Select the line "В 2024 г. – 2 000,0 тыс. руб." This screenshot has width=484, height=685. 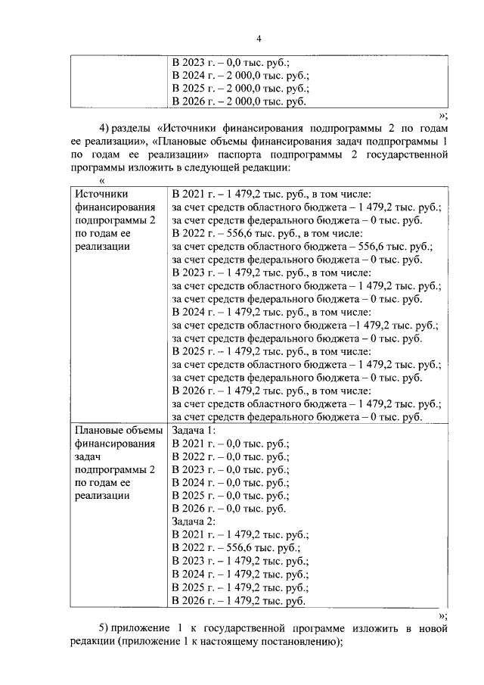(240, 76)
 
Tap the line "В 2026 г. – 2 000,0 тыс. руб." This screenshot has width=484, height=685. (239, 101)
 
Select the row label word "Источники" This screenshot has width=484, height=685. (103, 194)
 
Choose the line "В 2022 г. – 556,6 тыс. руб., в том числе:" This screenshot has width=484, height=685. (268, 233)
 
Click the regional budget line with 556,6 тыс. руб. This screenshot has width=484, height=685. (302, 246)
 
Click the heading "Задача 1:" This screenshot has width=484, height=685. (194, 431)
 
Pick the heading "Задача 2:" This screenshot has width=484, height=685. (194, 522)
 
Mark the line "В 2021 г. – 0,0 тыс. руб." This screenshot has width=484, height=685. (231, 444)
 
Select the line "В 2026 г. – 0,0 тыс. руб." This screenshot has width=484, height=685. (229, 509)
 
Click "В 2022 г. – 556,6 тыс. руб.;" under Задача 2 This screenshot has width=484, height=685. (236, 548)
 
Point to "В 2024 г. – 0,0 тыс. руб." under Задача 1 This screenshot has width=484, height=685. (231, 483)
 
